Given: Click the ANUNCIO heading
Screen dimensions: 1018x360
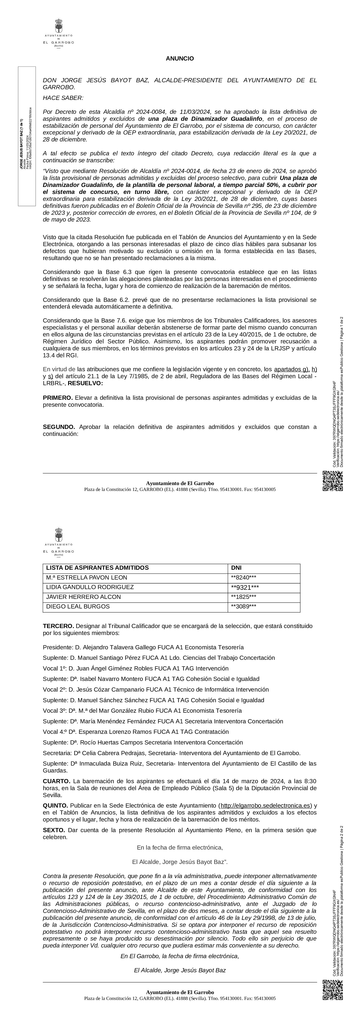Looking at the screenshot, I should tap(180, 59).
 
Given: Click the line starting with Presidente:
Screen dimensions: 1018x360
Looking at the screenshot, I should tap(143, 647).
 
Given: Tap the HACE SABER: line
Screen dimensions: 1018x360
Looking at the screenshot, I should tap(63, 98).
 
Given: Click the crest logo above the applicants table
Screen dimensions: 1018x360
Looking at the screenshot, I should tap(59, 541).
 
